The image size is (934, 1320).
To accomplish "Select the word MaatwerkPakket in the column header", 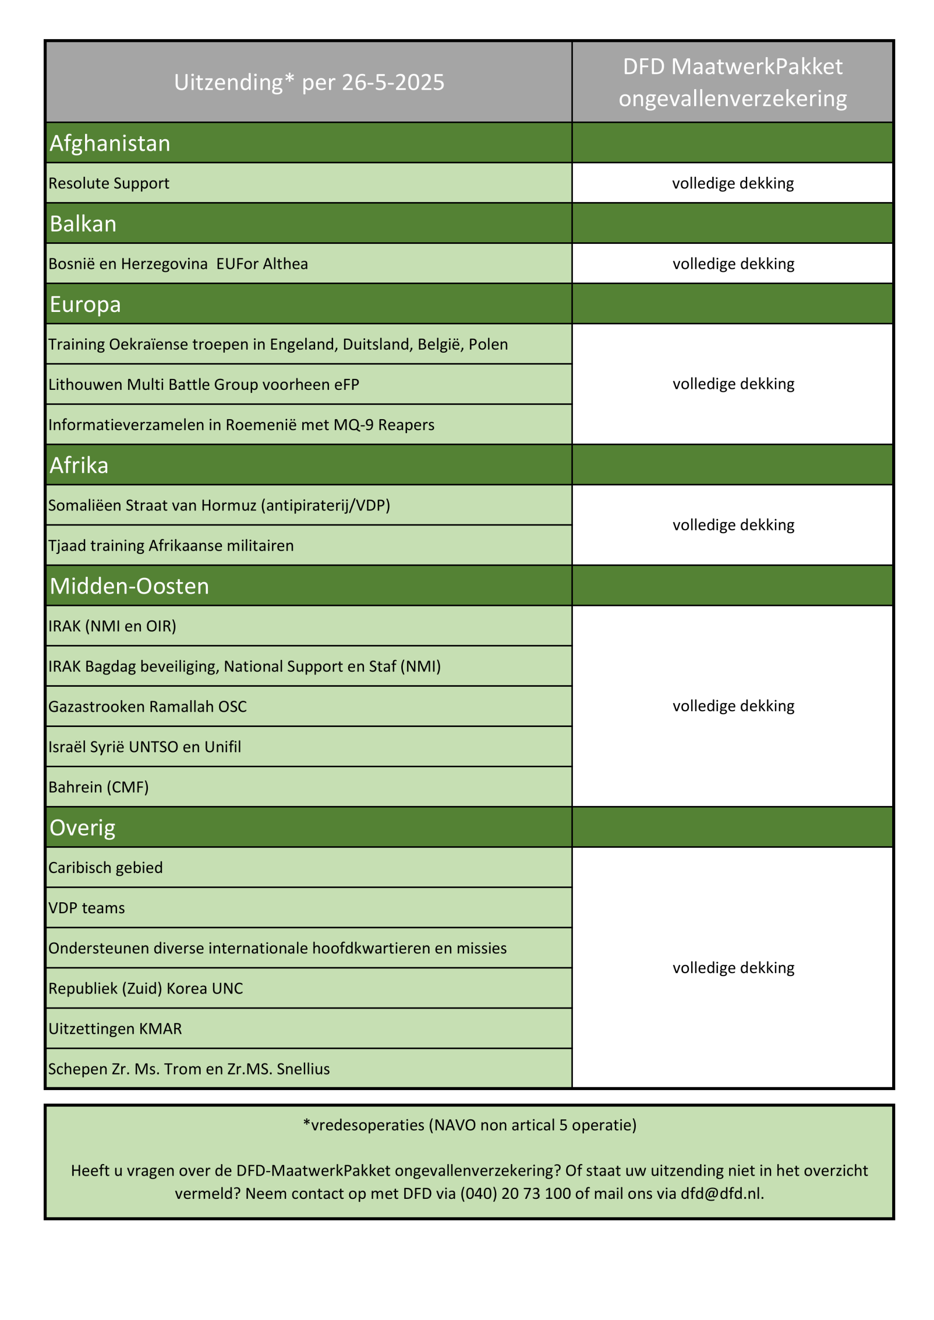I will pos(757,67).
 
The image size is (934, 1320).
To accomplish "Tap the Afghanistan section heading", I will pos(110,143).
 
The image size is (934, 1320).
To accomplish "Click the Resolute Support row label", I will pos(109,184).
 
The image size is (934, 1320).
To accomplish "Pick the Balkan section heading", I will pos(84,224).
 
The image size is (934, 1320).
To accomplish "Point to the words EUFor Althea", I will pos(263,264).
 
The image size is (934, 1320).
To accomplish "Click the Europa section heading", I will pos(85,304).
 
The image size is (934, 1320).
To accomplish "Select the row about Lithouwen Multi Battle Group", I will pos(204,385).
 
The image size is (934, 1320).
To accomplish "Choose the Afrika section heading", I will pos(79,465).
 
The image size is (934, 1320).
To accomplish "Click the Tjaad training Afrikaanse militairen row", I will pos(171,546).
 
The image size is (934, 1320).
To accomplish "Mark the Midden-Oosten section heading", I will pos(129,586).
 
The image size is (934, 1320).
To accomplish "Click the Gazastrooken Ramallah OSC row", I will pos(147,706).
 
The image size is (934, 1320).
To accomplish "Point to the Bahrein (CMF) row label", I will pos(99,787).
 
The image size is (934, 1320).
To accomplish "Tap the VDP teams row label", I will pos(86,908).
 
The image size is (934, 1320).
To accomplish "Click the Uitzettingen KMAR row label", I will pos(115,1029).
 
